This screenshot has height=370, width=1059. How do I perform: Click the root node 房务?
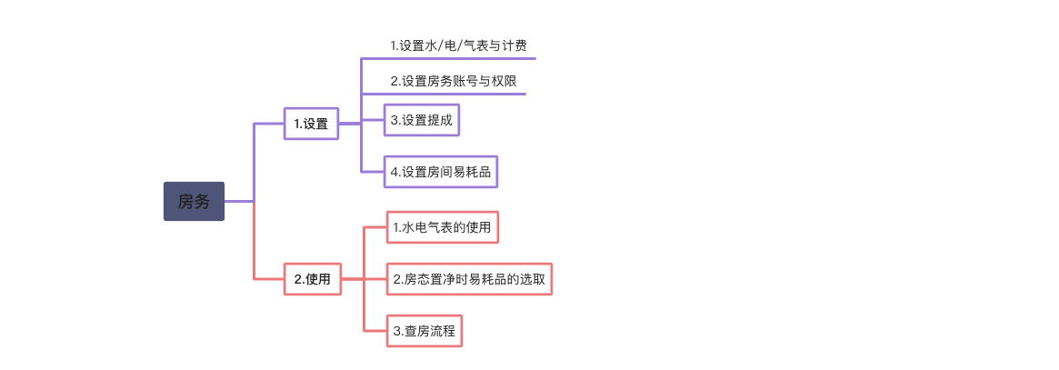coord(194,201)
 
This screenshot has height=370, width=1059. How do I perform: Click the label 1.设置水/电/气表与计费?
coord(458,46)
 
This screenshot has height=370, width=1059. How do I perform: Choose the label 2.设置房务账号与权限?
coord(454,82)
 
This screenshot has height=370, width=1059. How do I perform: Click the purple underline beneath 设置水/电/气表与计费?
coord(448,59)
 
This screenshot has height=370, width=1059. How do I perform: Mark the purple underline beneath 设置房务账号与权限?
coord(444,94)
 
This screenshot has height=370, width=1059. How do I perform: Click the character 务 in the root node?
coord(203,201)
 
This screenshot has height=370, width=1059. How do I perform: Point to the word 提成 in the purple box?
coord(440,120)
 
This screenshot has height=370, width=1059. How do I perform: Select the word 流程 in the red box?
coord(443,331)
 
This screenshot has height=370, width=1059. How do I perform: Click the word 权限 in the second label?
coord(505,82)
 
